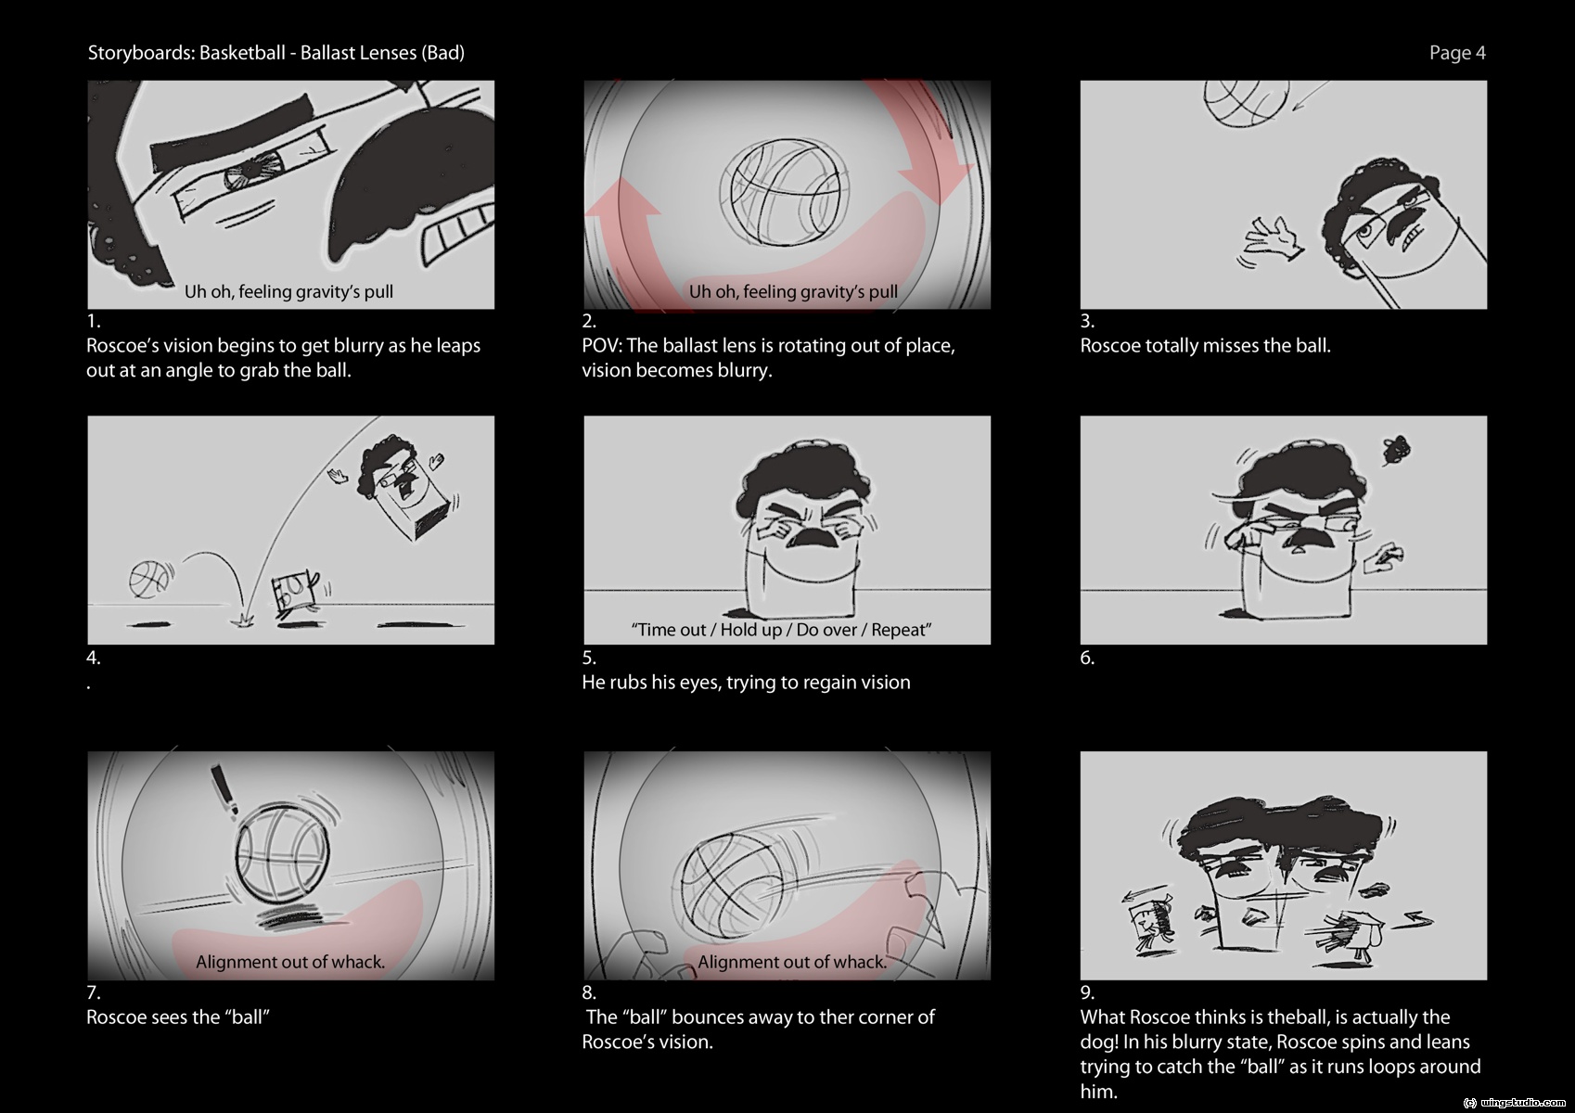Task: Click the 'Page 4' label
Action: tap(1457, 53)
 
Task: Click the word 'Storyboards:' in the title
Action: tap(141, 53)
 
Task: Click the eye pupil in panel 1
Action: tap(252, 173)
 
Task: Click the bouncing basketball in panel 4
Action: tap(149, 579)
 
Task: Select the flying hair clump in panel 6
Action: tap(1396, 449)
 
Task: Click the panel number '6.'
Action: tap(1088, 658)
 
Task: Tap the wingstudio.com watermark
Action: tap(1513, 1102)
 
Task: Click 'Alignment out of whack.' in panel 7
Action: tap(290, 961)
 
